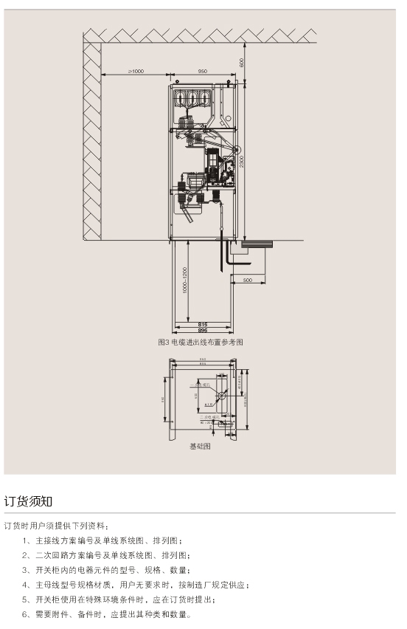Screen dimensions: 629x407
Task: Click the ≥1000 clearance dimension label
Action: click(136, 71)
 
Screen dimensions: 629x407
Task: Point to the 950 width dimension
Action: click(203, 71)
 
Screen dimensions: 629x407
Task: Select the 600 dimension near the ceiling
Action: click(241, 61)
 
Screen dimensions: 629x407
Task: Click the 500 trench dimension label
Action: click(247, 281)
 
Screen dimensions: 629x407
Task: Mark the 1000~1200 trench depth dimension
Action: click(185, 281)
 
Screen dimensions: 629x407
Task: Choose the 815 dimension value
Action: click(203, 324)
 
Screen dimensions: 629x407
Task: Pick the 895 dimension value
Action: click(203, 331)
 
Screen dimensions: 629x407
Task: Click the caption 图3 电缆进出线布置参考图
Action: click(201, 342)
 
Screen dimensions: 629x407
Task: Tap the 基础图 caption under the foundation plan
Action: click(200, 447)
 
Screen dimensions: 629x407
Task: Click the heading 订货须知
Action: click(28, 501)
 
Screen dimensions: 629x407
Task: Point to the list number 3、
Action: click(27, 570)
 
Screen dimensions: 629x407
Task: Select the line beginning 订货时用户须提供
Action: click(56, 526)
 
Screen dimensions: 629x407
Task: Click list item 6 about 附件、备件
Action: click(107, 614)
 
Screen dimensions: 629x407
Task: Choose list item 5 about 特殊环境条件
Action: click(125, 599)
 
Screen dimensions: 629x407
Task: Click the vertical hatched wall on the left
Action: click(91, 140)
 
